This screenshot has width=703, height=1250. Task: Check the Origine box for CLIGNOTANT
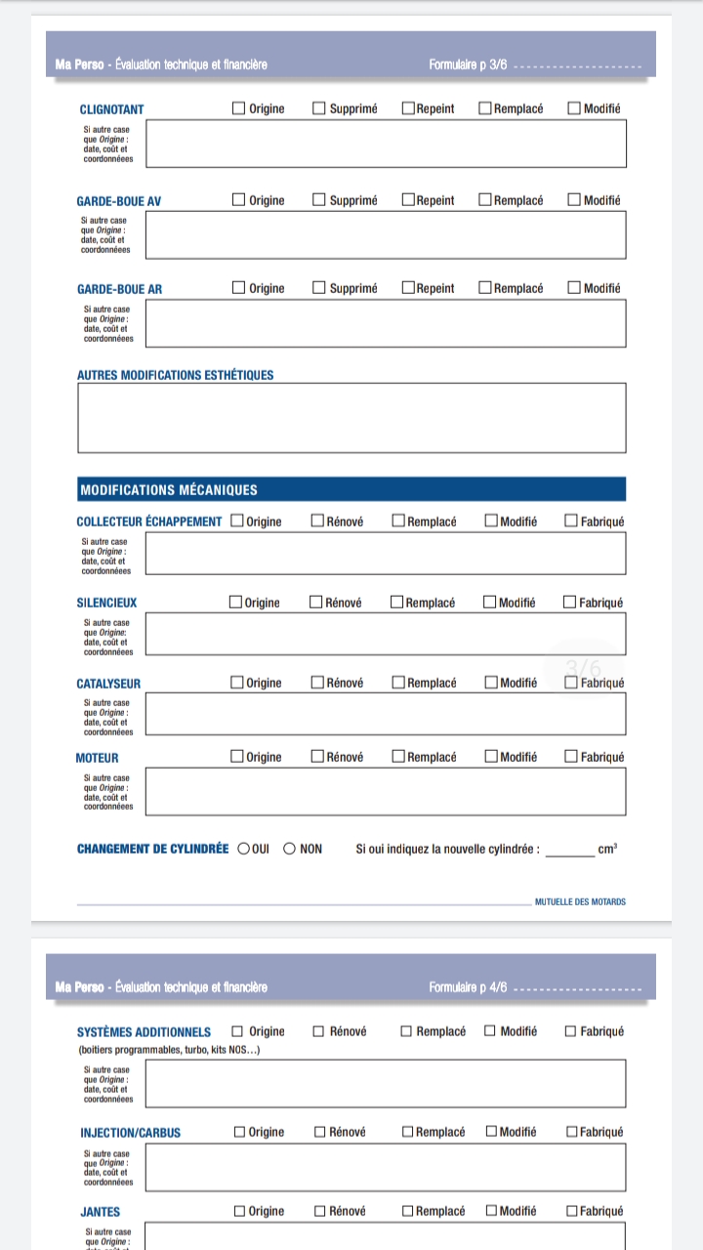click(x=239, y=108)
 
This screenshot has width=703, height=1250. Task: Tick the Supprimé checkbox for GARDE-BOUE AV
click(x=319, y=200)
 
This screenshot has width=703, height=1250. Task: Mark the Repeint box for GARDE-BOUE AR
click(x=408, y=288)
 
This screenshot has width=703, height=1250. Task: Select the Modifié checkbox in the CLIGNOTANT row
click(x=574, y=108)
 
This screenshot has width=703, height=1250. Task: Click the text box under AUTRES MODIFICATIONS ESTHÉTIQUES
click(x=351, y=418)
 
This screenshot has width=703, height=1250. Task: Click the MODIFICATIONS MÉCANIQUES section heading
click(x=169, y=490)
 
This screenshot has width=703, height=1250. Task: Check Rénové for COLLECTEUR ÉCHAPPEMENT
click(x=317, y=521)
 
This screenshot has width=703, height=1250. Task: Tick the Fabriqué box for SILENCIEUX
click(x=570, y=603)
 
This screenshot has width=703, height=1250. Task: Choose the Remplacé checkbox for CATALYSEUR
click(x=398, y=683)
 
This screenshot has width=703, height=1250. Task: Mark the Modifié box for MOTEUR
click(x=491, y=757)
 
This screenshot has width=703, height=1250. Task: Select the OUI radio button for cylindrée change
click(x=244, y=849)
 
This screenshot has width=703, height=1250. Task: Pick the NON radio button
click(x=289, y=849)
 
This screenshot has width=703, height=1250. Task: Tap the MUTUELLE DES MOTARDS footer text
click(x=580, y=902)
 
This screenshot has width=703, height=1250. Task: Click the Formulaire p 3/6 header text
click(x=468, y=65)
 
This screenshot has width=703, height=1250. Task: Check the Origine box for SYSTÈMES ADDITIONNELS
click(x=238, y=1031)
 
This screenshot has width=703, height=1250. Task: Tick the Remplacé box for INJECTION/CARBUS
click(x=408, y=1132)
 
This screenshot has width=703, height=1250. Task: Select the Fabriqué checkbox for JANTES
click(x=572, y=1212)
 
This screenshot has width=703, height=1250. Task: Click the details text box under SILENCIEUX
click(x=385, y=634)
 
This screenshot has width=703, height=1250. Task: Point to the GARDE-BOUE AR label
click(x=120, y=289)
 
